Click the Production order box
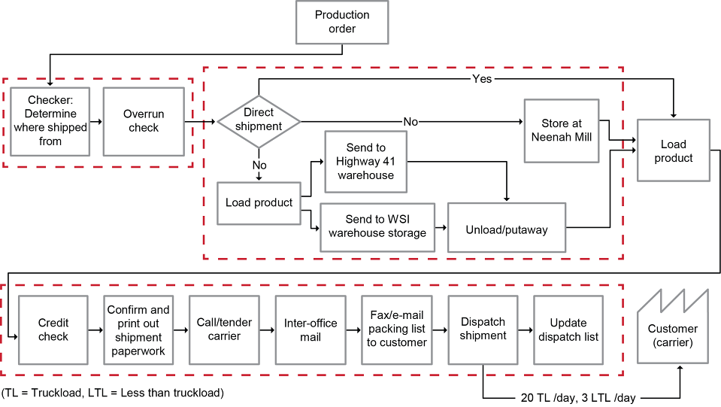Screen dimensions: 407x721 (342, 22)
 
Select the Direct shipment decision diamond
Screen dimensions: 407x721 (259, 120)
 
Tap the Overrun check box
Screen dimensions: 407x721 (144, 121)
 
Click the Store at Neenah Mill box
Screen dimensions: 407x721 (562, 131)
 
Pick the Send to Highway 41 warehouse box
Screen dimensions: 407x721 (365, 162)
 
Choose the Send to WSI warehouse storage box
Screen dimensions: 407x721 (377, 226)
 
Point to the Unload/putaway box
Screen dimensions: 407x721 (506, 227)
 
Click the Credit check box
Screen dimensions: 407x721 (53, 330)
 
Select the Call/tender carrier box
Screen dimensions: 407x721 (225, 330)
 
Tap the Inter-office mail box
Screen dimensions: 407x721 (311, 330)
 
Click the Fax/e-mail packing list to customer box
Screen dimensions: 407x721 (396, 330)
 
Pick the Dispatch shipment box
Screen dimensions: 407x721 (483, 330)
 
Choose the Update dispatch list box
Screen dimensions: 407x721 (568, 330)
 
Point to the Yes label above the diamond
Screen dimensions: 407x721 (482, 77)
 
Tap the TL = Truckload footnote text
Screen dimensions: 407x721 (113, 393)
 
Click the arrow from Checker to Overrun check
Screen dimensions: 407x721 (96, 121)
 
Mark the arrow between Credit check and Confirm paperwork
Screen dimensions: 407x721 (96, 330)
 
